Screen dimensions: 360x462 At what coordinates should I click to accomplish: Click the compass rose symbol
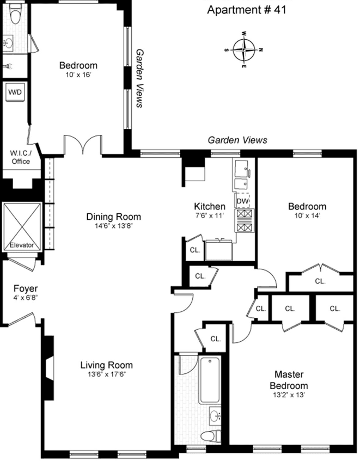244,50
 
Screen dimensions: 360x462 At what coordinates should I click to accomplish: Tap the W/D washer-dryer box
15,92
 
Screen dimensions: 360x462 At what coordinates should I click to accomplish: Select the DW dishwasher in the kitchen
243,201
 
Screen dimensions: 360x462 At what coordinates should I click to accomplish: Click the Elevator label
22,245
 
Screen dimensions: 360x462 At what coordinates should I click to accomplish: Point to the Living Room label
106,365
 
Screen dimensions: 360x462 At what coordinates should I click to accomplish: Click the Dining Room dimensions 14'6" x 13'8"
113,226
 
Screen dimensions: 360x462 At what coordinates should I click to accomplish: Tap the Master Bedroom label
289,380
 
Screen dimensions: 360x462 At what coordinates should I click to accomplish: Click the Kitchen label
210,206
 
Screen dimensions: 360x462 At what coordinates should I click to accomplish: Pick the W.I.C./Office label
21,157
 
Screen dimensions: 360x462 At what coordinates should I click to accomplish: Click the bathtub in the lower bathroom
210,380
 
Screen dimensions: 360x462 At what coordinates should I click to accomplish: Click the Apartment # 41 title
247,10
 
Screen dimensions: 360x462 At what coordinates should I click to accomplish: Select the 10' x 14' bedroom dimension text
307,215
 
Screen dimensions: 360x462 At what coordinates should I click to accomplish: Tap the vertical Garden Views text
139,78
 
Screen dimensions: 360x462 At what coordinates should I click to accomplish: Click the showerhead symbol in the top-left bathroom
8,66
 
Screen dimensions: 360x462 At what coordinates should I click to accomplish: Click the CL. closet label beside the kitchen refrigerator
195,250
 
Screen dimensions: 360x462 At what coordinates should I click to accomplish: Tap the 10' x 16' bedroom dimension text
78,75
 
